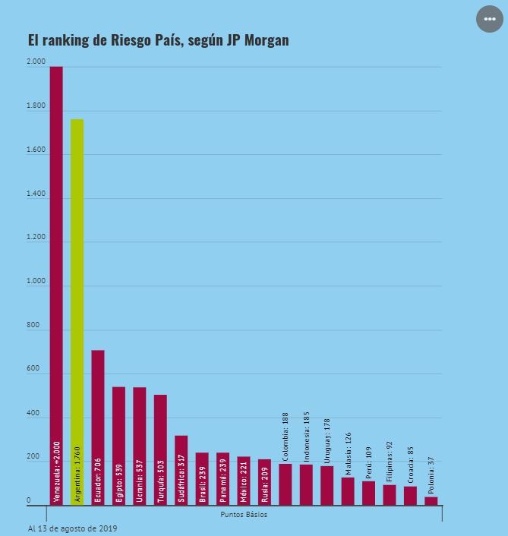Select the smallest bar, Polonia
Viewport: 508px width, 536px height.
click(431, 501)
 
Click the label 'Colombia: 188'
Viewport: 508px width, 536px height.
click(286, 437)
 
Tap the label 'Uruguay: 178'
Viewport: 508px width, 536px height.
click(327, 440)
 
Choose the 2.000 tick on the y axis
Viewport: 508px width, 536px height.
click(36, 61)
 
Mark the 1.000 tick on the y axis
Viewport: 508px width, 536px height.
click(36, 281)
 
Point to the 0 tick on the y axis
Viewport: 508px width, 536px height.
click(29, 500)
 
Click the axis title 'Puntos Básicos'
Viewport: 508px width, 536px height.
click(244, 515)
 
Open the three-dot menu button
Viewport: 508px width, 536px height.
click(490, 19)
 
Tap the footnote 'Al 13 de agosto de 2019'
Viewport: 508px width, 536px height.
click(72, 528)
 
